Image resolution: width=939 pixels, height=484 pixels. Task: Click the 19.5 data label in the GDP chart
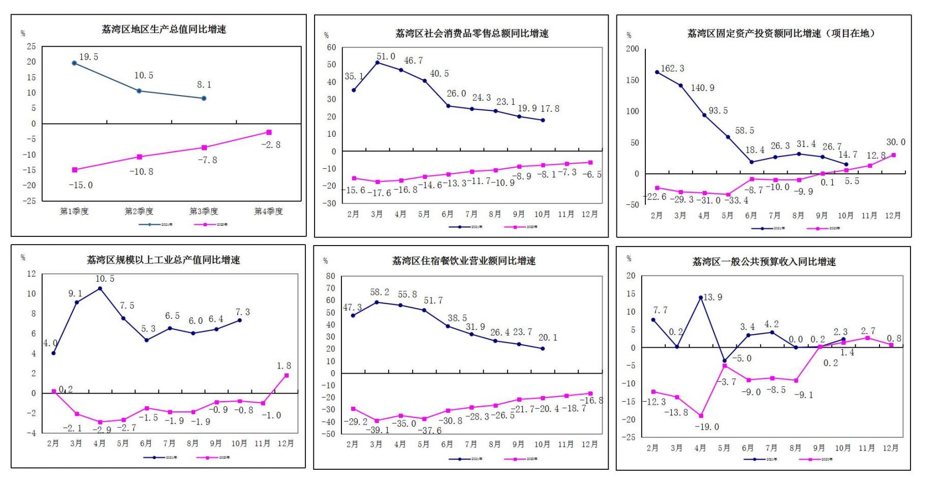pyautogui.click(x=89, y=57)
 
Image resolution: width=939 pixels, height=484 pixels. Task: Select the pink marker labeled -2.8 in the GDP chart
pyautogui.click(x=269, y=132)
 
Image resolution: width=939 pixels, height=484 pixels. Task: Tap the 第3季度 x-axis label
pyautogui.click(x=204, y=211)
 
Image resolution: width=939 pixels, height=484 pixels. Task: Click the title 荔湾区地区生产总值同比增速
pyautogui.click(x=164, y=29)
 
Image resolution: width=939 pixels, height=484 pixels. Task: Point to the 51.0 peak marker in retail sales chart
pyautogui.click(x=378, y=63)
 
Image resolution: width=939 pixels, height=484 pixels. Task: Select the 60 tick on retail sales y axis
pyautogui.click(x=331, y=47)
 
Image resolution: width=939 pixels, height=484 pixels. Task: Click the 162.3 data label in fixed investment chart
pyautogui.click(x=672, y=68)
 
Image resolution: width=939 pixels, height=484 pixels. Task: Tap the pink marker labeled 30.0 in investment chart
pyautogui.click(x=893, y=155)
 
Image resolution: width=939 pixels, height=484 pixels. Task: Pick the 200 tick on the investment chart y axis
pyautogui.click(x=633, y=49)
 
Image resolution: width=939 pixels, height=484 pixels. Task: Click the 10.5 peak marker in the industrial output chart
pyautogui.click(x=100, y=288)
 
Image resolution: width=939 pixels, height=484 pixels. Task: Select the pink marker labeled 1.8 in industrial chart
pyautogui.click(x=287, y=375)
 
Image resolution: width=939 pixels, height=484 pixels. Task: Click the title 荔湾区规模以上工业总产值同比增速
pyautogui.click(x=164, y=260)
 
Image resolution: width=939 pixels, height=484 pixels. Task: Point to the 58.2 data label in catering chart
pyautogui.click(x=380, y=292)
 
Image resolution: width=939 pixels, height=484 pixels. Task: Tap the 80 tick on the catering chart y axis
pyautogui.click(x=331, y=276)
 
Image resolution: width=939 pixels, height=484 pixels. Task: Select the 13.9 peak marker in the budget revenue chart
pyautogui.click(x=701, y=297)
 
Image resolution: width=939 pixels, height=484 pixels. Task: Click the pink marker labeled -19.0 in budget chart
pyautogui.click(x=701, y=416)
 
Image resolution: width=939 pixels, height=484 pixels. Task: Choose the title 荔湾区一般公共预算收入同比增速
pyautogui.click(x=764, y=262)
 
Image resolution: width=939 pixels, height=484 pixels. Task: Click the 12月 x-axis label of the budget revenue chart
pyautogui.click(x=890, y=448)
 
